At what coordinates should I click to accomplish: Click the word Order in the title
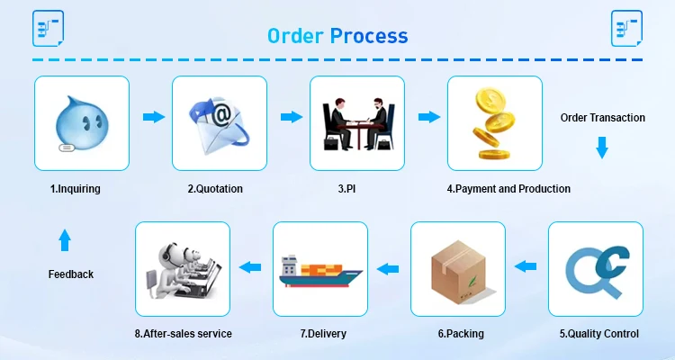coord(295,36)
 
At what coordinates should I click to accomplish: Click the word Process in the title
coord(368,36)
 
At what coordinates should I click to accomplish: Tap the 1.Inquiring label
coord(75,189)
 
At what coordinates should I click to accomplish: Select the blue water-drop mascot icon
coord(80,122)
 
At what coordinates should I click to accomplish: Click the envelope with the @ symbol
coord(219,123)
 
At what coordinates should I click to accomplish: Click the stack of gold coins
coord(493,123)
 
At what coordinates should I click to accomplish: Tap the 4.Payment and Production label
coord(508,189)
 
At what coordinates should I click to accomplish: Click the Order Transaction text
coord(602,118)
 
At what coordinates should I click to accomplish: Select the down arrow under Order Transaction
coord(602,148)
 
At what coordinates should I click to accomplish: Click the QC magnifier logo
coord(595,268)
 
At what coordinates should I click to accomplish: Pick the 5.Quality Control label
coord(598,334)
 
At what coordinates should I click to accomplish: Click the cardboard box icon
coord(458,269)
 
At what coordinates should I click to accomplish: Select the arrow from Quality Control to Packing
coord(526,266)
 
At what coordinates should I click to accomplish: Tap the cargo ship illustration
coord(320,269)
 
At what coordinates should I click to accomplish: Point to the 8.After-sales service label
coord(184,334)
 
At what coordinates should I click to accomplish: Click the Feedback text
coord(71,274)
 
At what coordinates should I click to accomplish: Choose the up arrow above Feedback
coord(64,240)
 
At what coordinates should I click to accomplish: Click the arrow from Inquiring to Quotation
coord(154,117)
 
